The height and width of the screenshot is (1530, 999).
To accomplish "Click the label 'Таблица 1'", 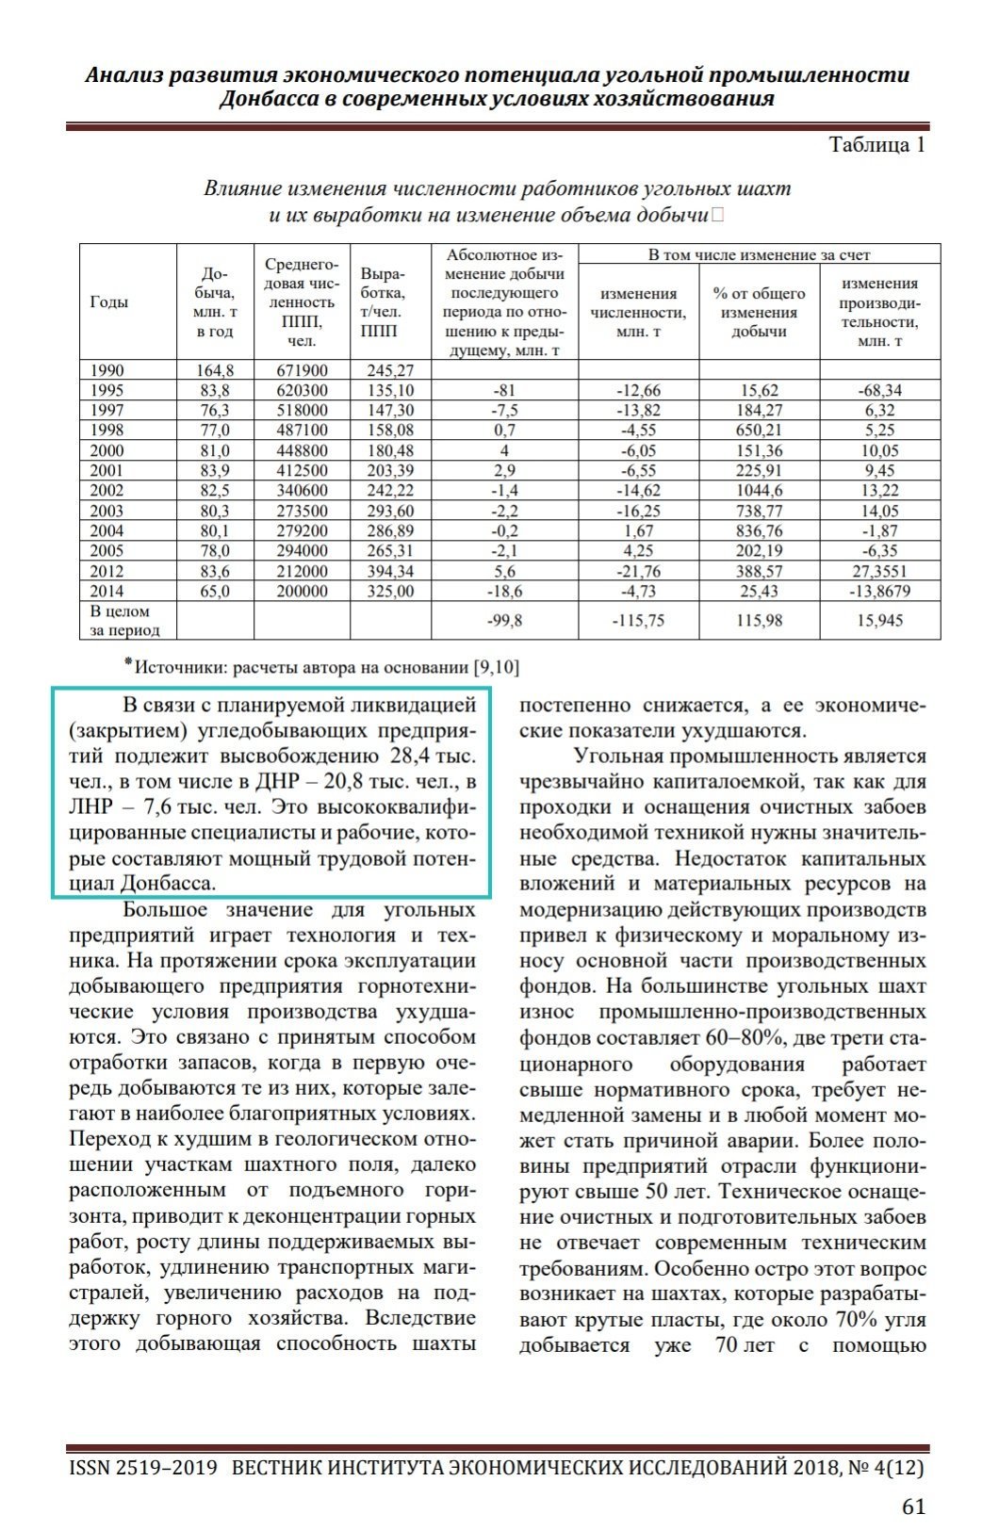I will point(876,144).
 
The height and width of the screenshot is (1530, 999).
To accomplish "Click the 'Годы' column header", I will point(108,302).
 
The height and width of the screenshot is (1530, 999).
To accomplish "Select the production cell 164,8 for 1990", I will point(214,370).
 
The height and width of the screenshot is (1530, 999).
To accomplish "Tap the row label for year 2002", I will point(106,491).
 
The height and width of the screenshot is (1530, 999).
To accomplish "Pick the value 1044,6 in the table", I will point(759,491).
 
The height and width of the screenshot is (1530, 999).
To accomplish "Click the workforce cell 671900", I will point(302,370).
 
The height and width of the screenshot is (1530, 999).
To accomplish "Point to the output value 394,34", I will point(389,572).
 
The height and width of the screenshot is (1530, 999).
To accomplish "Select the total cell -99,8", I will point(504,621).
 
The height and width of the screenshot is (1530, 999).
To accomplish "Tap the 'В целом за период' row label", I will point(125,621).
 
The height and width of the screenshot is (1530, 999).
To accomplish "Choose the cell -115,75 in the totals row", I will point(638,621).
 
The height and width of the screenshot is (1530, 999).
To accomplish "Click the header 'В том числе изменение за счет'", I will point(759,254).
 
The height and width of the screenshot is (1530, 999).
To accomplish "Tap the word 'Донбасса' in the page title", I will point(267,99).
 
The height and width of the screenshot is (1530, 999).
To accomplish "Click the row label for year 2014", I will point(106,592).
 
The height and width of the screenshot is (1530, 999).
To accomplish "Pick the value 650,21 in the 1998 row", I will point(759,431).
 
